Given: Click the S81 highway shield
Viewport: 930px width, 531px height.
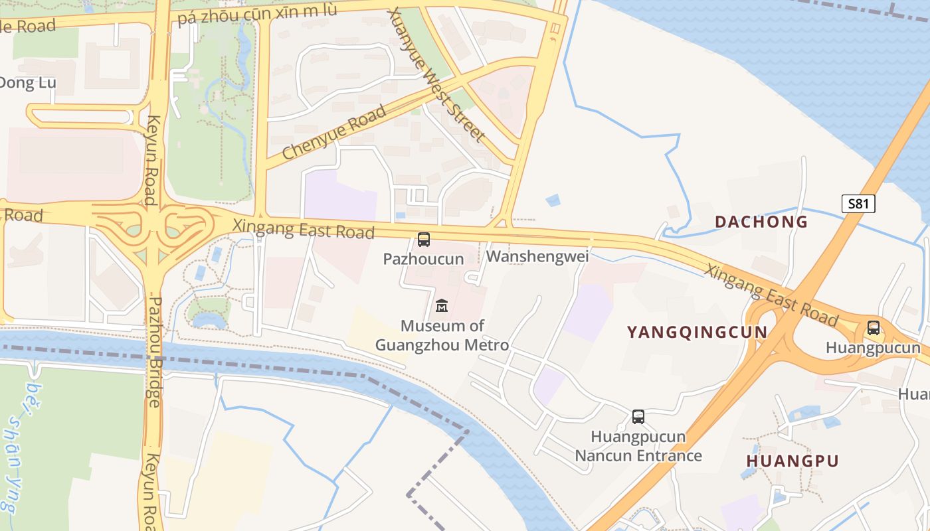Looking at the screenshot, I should [x=858, y=204].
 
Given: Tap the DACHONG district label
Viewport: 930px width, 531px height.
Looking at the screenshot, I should [x=761, y=222].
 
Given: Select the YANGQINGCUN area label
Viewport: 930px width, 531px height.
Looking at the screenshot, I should [x=697, y=332].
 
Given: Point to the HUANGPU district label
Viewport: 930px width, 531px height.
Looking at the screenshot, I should [x=792, y=461].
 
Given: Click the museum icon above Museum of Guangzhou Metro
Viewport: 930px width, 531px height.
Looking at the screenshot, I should [x=441, y=305].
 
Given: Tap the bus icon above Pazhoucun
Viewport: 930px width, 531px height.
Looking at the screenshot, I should [x=423, y=240].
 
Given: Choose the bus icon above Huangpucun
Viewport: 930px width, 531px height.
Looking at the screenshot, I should [x=873, y=327].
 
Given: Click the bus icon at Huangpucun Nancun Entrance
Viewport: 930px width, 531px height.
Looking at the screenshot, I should [x=638, y=417].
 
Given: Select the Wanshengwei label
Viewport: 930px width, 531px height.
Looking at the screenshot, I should [x=537, y=256].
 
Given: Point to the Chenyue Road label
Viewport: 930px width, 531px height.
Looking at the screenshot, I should [x=334, y=133].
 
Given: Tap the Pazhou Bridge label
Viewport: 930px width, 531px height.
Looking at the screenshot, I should [x=154, y=352].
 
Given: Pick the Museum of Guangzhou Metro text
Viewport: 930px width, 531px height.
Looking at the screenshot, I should [x=442, y=335].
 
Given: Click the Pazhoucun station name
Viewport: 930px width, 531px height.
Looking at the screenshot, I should [x=423, y=259].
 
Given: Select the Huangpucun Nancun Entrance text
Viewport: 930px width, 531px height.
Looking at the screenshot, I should [x=638, y=446].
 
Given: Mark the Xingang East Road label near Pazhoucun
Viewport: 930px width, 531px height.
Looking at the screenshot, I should [x=303, y=229].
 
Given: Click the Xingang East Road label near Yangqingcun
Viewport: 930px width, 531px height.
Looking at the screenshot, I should [x=771, y=295].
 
